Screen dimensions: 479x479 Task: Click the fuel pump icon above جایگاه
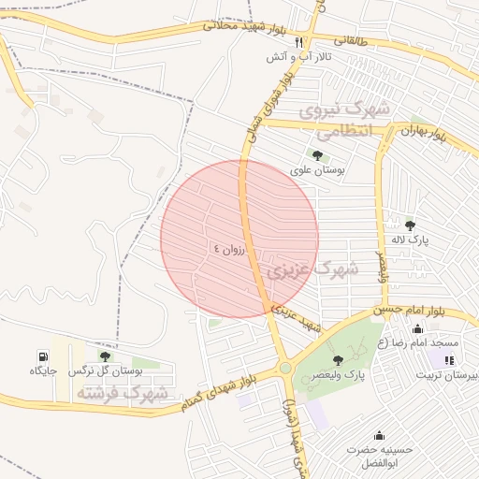(43, 356)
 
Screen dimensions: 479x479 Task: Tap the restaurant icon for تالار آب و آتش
(299, 42)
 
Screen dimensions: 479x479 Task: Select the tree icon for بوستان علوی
(316, 155)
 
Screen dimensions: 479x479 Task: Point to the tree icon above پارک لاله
(410, 225)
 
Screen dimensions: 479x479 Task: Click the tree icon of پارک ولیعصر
(338, 359)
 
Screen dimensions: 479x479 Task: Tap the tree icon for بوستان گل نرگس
(104, 356)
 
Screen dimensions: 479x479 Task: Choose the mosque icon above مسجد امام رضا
(417, 328)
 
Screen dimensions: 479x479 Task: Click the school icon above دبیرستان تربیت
(450, 359)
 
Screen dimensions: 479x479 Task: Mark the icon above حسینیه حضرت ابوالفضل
(379, 435)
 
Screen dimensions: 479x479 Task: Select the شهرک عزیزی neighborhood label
(312, 270)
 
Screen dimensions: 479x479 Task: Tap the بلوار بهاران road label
(433, 131)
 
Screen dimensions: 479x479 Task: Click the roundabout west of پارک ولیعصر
(284, 369)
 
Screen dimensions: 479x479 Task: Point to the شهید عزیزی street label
(298, 316)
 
